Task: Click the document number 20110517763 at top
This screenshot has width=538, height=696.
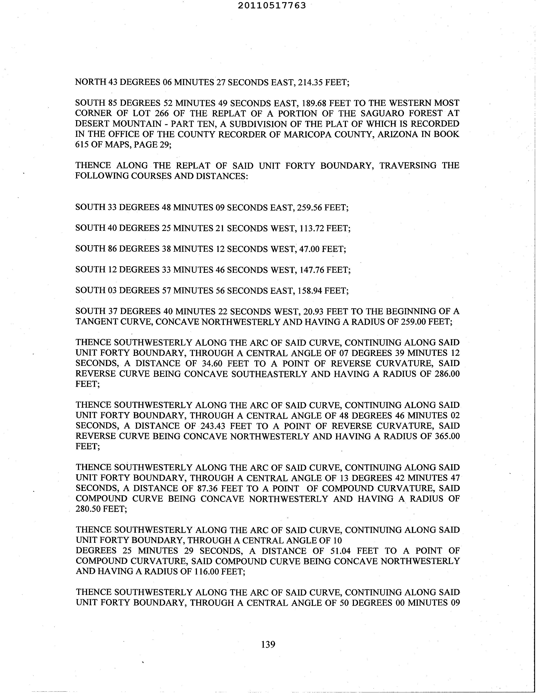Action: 272,5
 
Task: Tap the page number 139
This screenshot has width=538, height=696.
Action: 268,644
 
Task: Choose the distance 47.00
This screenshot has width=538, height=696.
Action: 309,249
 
